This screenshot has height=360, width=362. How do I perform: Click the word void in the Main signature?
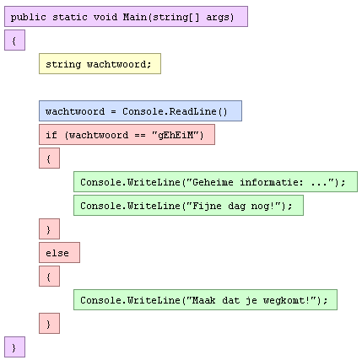tap(105, 17)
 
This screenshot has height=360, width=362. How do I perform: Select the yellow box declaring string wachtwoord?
tap(100, 64)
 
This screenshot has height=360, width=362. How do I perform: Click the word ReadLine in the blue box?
tap(192, 111)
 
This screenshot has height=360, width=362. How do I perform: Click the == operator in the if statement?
tap(140, 136)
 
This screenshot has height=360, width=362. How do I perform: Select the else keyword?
tap(57, 253)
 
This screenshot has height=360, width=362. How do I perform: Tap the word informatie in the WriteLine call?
tap(268, 182)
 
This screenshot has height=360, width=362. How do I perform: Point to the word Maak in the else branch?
tap(204, 300)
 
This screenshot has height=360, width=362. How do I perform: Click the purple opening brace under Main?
tap(14, 40)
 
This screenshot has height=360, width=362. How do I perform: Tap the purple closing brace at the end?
tap(14, 347)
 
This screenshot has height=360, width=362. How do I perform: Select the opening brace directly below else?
tap(49, 277)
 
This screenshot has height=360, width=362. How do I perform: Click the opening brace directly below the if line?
tap(49, 159)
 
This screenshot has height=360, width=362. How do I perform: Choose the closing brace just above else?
tap(49, 229)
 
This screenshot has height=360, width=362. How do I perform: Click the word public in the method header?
tap(28, 18)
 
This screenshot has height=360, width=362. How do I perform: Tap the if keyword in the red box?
tap(51, 135)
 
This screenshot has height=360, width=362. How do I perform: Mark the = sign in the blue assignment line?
tap(113, 112)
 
